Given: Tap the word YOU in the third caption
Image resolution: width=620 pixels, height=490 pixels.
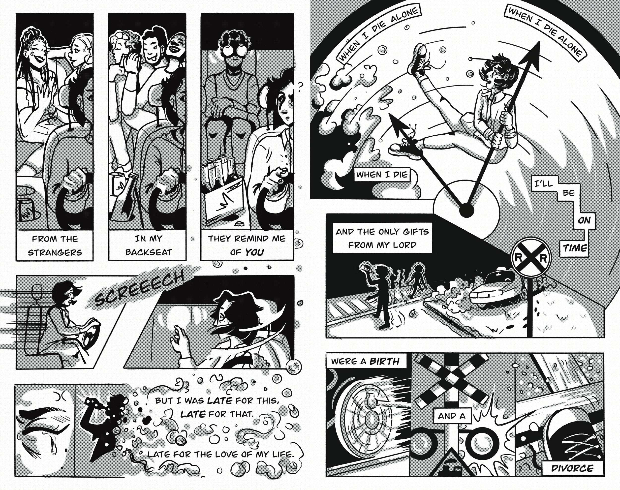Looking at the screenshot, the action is click(254, 252).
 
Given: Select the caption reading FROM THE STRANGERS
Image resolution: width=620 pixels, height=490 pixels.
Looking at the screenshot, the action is click(55, 245).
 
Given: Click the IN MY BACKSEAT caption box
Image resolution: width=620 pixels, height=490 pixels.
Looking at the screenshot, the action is click(148, 245).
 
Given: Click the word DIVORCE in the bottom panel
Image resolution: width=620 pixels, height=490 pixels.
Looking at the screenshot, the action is click(572, 468).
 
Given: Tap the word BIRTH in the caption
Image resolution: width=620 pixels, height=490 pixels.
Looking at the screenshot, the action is click(384, 361).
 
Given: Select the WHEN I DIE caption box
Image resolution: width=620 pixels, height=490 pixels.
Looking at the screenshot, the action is click(382, 174).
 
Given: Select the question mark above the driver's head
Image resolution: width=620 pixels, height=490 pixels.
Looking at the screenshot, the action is click(300, 86).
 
